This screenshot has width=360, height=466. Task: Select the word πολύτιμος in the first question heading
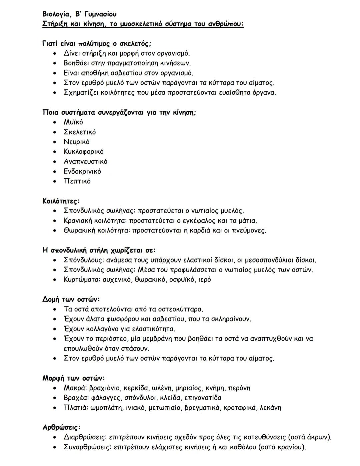click(94, 44)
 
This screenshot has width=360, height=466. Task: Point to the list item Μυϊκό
click(73, 122)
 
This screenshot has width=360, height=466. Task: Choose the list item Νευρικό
click(76, 142)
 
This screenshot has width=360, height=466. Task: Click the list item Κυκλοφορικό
click(83, 151)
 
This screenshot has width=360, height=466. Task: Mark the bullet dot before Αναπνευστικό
click(55, 161)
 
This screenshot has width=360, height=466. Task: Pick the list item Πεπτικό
click(77, 181)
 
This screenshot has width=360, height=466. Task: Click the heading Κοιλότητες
click(61, 201)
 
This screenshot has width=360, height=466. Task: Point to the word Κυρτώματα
click(81, 280)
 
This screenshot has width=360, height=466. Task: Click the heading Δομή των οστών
click(71, 300)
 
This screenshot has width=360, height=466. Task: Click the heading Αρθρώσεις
click(61, 427)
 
